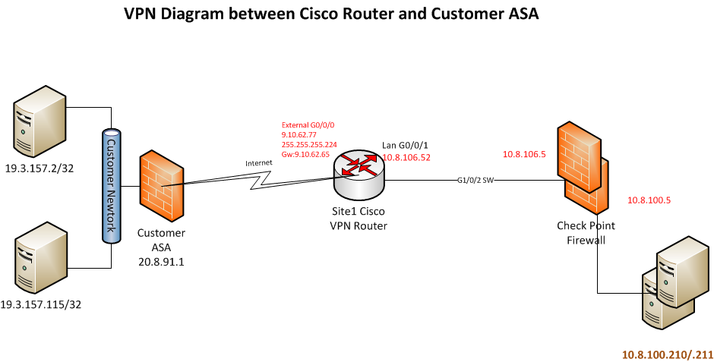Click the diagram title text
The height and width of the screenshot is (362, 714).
pos(331,15)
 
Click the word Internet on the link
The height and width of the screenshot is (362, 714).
pos(258,163)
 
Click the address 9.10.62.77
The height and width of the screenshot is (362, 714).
pos(299,134)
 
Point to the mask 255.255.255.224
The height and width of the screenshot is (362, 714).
pos(309,144)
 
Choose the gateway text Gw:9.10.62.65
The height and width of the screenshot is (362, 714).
pos(305,154)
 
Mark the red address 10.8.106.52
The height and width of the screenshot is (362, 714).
pos(406,157)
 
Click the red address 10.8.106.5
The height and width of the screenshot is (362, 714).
pos(524,154)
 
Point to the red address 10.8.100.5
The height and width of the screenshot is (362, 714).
pos(649,200)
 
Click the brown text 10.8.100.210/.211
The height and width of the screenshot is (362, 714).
pos(668,354)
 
